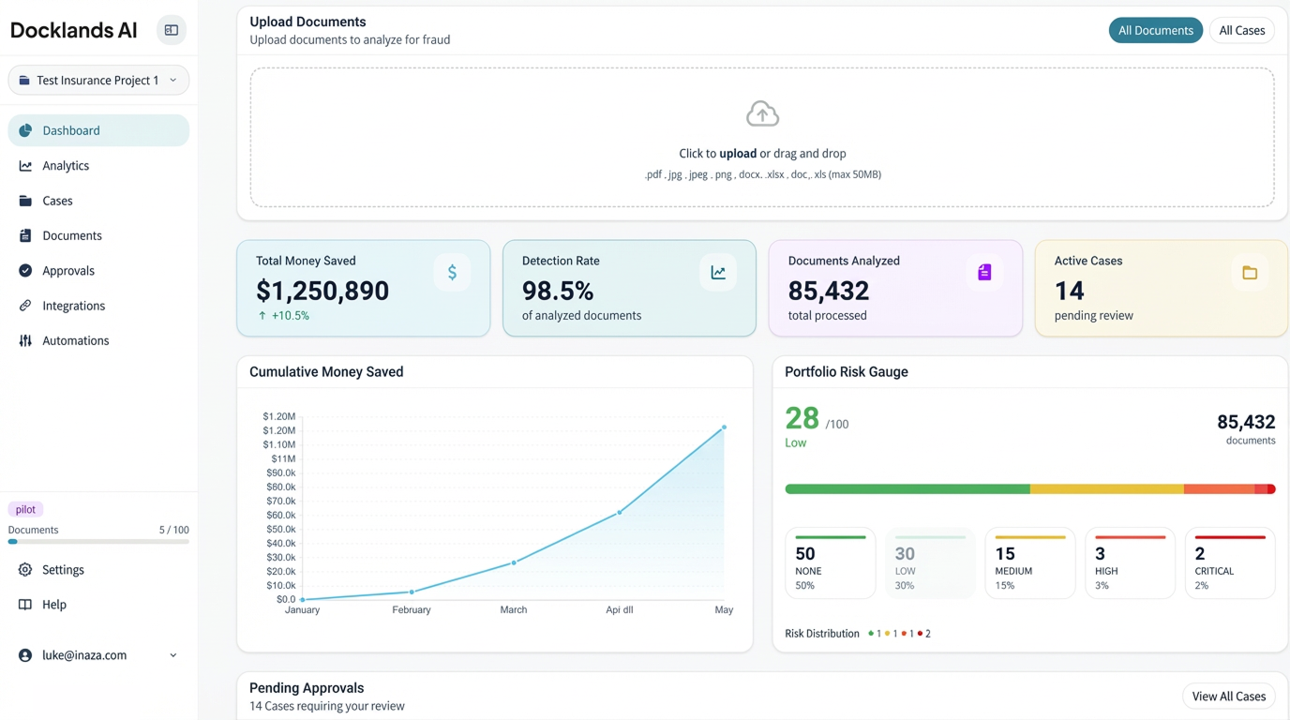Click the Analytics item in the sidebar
(66, 166)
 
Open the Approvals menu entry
(67, 271)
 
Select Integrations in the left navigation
(73, 306)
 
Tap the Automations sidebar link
(75, 341)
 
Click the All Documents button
(1155, 31)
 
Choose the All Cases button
(1241, 31)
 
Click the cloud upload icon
(762, 114)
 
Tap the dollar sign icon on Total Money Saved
(452, 273)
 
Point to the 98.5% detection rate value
(558, 291)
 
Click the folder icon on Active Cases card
(1250, 273)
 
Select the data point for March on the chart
(514, 562)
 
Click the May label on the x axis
(724, 610)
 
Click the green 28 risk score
(802, 418)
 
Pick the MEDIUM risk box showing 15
(1029, 562)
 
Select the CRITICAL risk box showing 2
(1229, 562)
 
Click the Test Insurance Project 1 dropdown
(98, 81)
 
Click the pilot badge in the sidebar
(25, 510)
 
